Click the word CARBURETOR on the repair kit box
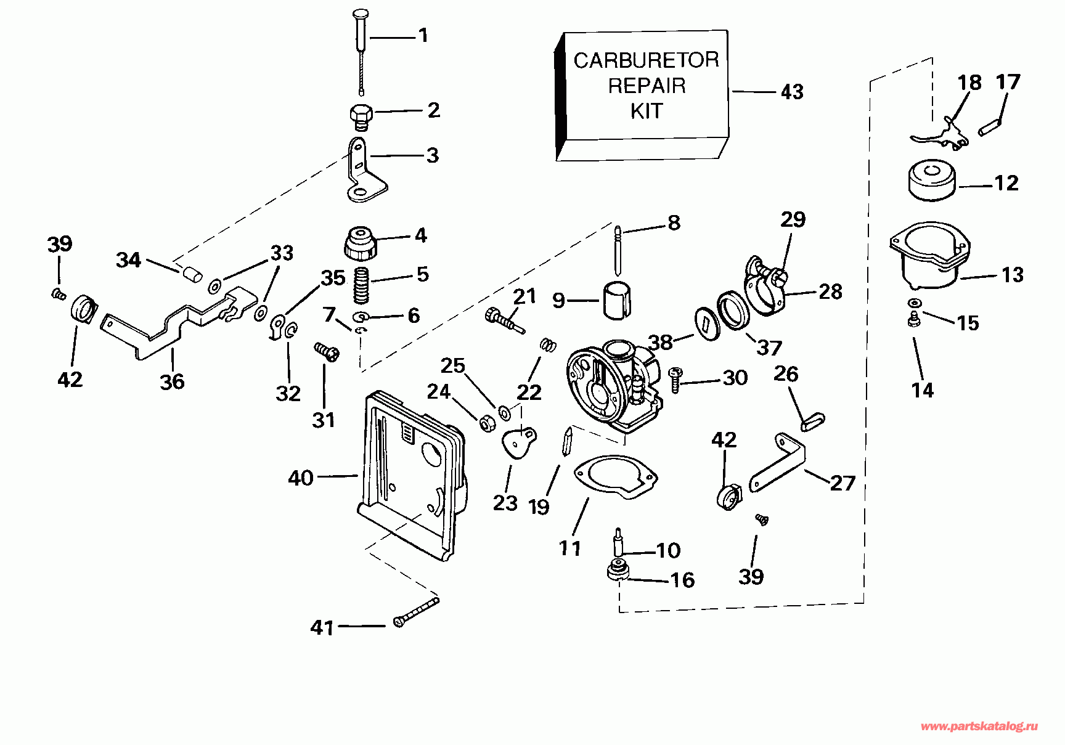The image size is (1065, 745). click(646, 60)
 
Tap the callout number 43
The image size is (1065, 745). click(792, 92)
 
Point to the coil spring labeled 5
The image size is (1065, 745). click(362, 285)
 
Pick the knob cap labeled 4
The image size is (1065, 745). click(361, 243)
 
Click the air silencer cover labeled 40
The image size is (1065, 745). click(412, 476)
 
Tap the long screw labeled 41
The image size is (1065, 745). click(416, 613)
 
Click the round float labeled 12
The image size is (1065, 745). click(932, 181)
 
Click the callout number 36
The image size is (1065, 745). click(172, 381)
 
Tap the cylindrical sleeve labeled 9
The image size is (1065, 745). click(618, 301)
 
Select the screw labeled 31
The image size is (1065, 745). click(326, 352)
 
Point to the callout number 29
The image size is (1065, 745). click(793, 219)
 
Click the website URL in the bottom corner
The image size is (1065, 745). click(979, 727)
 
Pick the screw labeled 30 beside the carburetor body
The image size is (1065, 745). click(675, 380)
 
